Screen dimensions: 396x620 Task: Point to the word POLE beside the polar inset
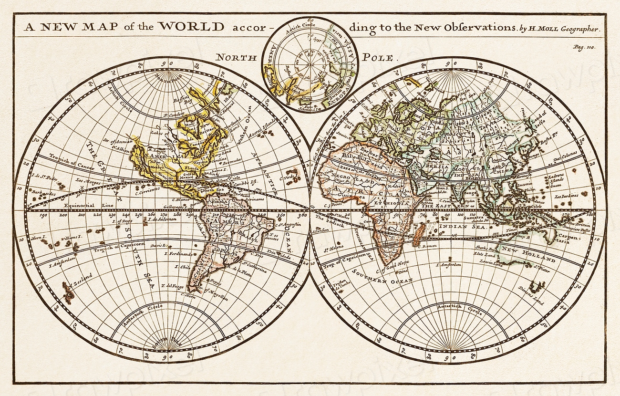tap(377, 58)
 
